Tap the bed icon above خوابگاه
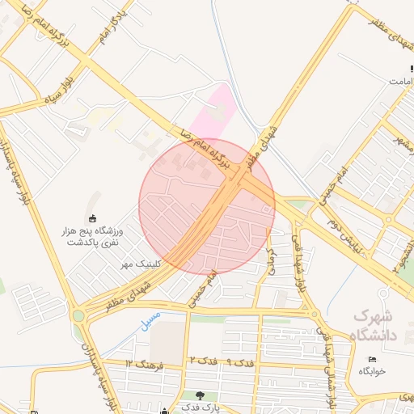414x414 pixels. (x=372, y=359)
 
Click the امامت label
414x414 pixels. (x=402, y=82)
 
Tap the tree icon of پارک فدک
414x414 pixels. (x=201, y=395)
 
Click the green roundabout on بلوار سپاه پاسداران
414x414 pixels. (x=78, y=315)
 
